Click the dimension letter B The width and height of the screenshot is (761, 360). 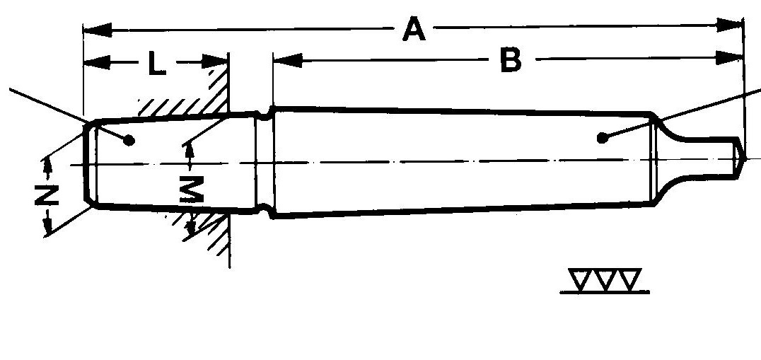(511, 62)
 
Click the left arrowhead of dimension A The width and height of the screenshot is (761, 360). (95, 30)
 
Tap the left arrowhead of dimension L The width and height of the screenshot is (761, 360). (96, 63)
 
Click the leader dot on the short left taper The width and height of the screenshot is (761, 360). (129, 139)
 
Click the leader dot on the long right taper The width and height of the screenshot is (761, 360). (601, 137)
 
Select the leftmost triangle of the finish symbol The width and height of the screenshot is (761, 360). (583, 280)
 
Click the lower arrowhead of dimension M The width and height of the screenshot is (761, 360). (190, 226)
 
